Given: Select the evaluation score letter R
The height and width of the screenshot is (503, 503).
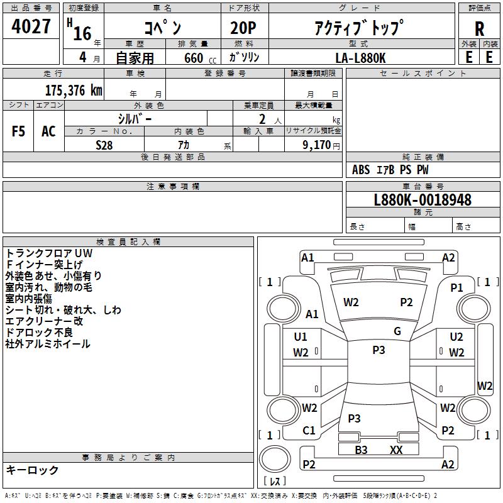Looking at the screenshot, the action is [x=479, y=30].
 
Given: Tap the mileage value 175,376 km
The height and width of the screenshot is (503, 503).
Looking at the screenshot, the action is [x=73, y=90].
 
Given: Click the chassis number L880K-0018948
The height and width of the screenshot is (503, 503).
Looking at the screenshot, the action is [x=423, y=200].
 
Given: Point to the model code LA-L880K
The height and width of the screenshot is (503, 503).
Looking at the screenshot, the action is [x=360, y=57].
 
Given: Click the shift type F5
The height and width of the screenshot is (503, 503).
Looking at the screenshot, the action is [x=19, y=131].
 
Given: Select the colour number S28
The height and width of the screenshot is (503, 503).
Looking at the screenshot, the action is [x=104, y=145].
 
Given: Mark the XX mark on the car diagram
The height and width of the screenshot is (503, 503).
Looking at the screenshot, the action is [x=396, y=450].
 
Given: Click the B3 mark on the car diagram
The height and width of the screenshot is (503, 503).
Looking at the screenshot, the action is [x=361, y=450].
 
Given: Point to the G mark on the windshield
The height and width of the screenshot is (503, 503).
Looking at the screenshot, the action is [x=397, y=331].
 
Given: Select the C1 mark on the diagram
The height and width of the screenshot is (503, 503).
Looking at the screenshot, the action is [x=309, y=430].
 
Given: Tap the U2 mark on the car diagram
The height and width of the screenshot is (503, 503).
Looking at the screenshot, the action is [x=456, y=337].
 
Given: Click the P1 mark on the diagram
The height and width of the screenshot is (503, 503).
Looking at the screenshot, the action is [x=456, y=287].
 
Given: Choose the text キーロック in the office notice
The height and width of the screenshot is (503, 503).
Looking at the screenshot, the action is [x=32, y=470].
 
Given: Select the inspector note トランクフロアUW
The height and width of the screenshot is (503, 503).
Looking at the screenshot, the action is [x=49, y=253].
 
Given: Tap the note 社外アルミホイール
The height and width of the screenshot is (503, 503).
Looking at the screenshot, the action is [x=48, y=344].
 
